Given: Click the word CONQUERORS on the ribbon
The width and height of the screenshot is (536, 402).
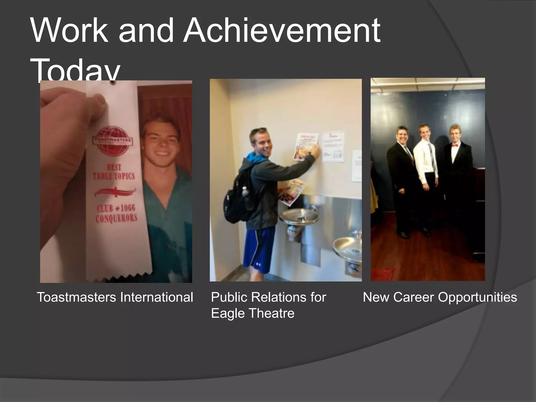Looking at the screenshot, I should pos(116,218).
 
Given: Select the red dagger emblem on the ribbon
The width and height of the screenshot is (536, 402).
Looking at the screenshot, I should pos(115,193).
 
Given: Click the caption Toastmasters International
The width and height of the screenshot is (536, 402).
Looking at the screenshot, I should pos(115,297).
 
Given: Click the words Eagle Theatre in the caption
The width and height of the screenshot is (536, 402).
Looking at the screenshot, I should pos(253,313).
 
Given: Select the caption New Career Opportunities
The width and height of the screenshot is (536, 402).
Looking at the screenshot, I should pos(440,297).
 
